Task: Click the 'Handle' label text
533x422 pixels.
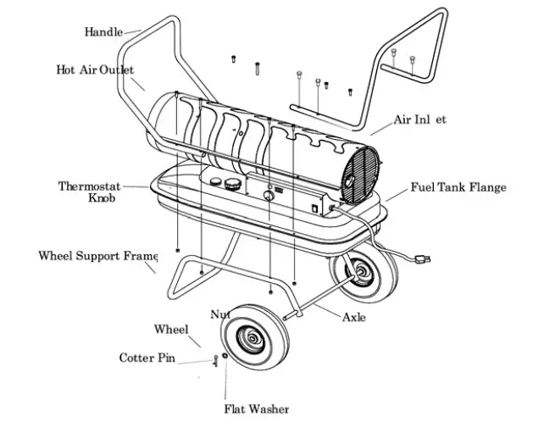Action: click(103, 32)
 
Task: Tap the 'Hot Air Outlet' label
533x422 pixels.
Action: click(95, 69)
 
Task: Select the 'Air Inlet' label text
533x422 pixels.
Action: click(419, 119)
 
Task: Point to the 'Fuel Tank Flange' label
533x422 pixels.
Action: click(458, 187)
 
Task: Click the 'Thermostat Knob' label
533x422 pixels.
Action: click(90, 192)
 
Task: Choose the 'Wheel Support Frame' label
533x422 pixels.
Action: click(98, 255)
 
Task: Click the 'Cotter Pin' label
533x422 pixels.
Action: click(147, 358)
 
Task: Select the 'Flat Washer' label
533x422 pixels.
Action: click(256, 409)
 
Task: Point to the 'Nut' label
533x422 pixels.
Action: click(219, 314)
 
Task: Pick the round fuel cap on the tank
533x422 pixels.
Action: click(230, 182)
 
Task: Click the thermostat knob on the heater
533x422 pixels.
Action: click(270, 195)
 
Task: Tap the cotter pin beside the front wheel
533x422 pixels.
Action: click(215, 362)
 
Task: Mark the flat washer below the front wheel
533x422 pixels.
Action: click(225, 357)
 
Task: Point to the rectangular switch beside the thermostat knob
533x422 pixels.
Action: click(315, 205)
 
